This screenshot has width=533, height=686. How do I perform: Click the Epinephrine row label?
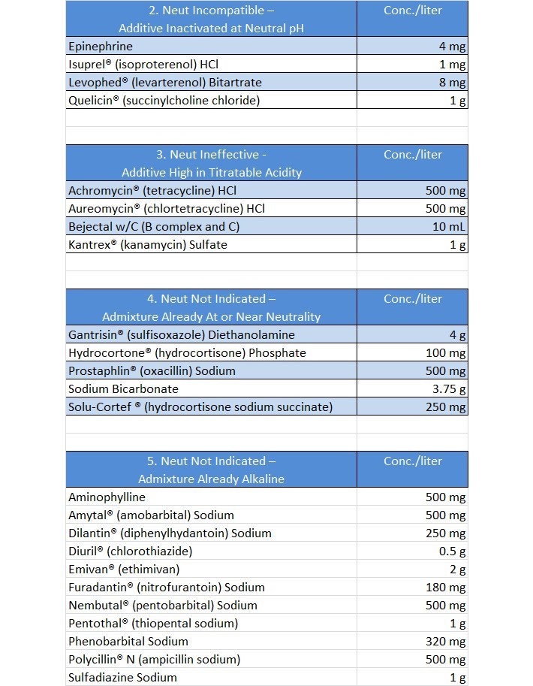pos(101,47)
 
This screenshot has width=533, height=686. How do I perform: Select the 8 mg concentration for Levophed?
pos(452,83)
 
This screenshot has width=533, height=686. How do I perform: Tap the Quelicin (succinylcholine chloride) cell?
pos(164,101)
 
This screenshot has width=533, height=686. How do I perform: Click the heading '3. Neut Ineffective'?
pos(210,155)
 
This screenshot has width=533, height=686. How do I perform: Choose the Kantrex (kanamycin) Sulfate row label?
pos(147,245)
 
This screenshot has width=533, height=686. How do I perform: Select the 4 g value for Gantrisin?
pos(457,335)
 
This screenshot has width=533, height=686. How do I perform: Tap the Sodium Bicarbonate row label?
pos(123,389)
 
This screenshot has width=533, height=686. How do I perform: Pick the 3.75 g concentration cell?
pos(449,389)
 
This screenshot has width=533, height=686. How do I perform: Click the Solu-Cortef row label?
pos(200,407)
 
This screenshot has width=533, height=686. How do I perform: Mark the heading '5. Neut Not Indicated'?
pos(211,461)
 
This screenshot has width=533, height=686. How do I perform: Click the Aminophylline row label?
pos(107,497)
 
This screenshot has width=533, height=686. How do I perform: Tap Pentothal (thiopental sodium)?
pos(153,624)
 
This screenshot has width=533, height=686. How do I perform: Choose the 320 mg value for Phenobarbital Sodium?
pos(446,642)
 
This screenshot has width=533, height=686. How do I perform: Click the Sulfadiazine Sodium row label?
pos(122,678)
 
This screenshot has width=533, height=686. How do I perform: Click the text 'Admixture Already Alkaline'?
pos(211,479)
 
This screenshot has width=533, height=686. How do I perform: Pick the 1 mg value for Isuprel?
pos(452,65)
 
